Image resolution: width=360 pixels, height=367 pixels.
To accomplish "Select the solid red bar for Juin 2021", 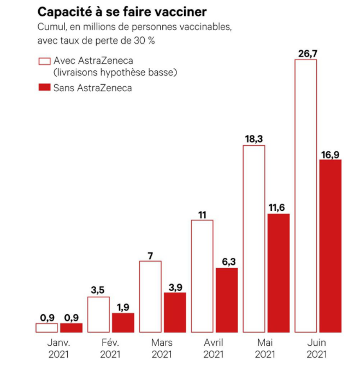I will [331, 246].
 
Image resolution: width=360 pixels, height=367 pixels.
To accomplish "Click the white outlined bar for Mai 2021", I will [253, 239].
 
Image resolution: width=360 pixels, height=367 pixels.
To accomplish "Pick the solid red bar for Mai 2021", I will [279, 273].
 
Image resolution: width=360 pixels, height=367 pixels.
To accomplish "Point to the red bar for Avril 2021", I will [227, 300].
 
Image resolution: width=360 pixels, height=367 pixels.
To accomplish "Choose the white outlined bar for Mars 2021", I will [150, 297].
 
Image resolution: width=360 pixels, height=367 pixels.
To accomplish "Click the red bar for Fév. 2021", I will [123, 322].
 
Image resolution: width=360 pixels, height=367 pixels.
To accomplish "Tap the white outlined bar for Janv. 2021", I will [46, 328].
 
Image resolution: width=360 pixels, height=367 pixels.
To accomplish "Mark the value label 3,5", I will [98, 289].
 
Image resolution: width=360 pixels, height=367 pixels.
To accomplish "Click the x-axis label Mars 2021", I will [162, 348].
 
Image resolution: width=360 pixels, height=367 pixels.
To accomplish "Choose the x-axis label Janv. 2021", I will [58, 348].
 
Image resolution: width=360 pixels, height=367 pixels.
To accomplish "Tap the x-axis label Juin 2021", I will [317, 348].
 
